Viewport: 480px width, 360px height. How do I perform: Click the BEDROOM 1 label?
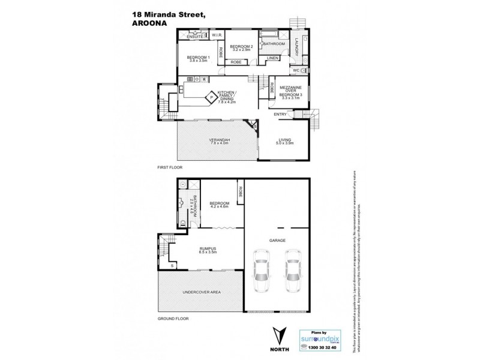tap(197, 57)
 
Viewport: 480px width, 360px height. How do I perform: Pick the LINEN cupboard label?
tap(272, 58)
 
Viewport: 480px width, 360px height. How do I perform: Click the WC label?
tap(296, 71)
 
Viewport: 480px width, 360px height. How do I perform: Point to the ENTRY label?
tap(280, 114)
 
